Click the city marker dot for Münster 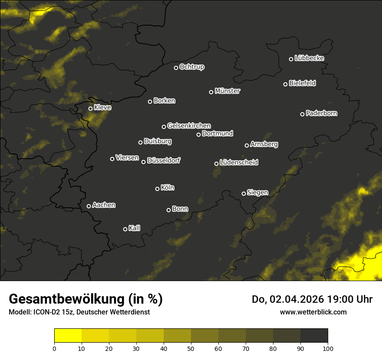[x=211, y=92]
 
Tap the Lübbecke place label [x=309, y=58]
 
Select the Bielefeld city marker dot [x=286, y=84]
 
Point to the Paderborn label [x=322, y=113]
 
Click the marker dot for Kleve [x=91, y=108]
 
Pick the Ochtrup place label [x=192, y=67]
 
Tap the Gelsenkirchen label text [x=189, y=126]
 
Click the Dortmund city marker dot [x=199, y=134]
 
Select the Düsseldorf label [x=164, y=160]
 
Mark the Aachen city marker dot [x=89, y=206]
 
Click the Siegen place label [x=257, y=192]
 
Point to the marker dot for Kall [x=125, y=229]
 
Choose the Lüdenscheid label [x=239, y=162]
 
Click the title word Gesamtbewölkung [x=65, y=299]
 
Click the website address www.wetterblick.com [x=313, y=312]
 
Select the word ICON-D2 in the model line [x=43, y=312]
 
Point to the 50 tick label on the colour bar [x=191, y=348]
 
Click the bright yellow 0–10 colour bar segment [x=68, y=336]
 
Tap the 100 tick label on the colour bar [x=328, y=348]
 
